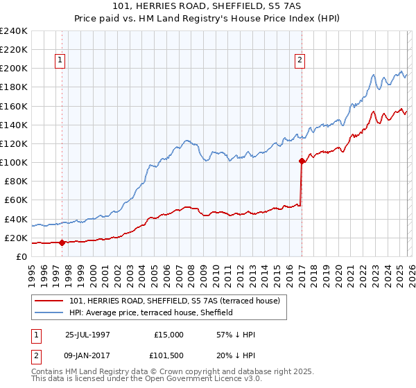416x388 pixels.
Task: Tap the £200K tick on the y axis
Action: pyautogui.click(x=14, y=68)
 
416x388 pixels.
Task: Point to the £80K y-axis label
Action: pyautogui.click(x=15, y=181)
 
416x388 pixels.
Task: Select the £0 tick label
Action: pyautogui.click(x=21, y=256)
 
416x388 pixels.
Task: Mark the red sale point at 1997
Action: pyautogui.click(x=62, y=242)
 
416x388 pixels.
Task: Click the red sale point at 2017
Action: pyautogui.click(x=302, y=161)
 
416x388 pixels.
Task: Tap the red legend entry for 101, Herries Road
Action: pyautogui.click(x=174, y=301)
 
